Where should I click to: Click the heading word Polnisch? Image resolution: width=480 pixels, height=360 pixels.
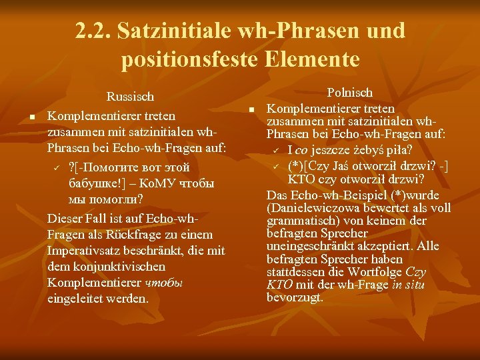pos(349,93)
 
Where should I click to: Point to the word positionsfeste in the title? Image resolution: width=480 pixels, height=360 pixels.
pos(186,60)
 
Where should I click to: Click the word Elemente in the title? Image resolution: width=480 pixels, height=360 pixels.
pos(311,60)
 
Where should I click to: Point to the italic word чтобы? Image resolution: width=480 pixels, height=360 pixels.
pos(163,283)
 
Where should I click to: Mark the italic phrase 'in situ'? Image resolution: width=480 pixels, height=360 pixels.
pos(407,285)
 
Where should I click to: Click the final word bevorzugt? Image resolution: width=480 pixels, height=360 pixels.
pos(295,298)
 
